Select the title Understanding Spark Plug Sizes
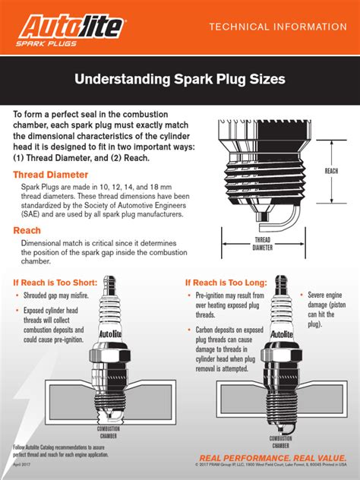point(179,79)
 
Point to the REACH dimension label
point(331,171)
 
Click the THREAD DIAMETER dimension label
point(262,243)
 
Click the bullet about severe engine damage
point(326,307)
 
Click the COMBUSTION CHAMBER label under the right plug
point(280,442)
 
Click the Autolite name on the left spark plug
point(109,333)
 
